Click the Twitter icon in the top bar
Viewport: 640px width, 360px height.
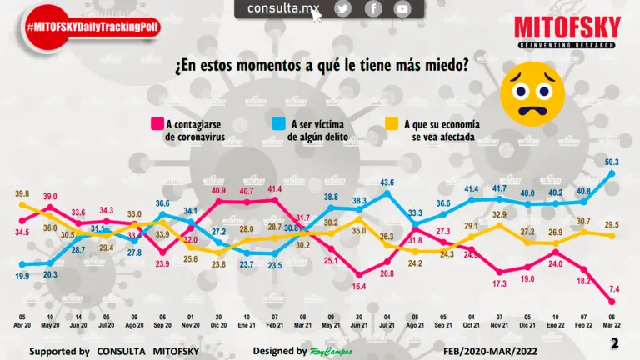tap(343, 8)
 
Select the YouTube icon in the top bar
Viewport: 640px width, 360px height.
tap(402, 8)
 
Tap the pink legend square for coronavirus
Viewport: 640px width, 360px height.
tap(155, 124)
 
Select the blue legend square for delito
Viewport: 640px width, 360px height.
tap(277, 124)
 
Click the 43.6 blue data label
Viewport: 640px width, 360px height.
tap(387, 182)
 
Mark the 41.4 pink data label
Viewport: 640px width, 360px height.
tap(274, 190)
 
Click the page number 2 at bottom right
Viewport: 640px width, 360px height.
tap(615, 343)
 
